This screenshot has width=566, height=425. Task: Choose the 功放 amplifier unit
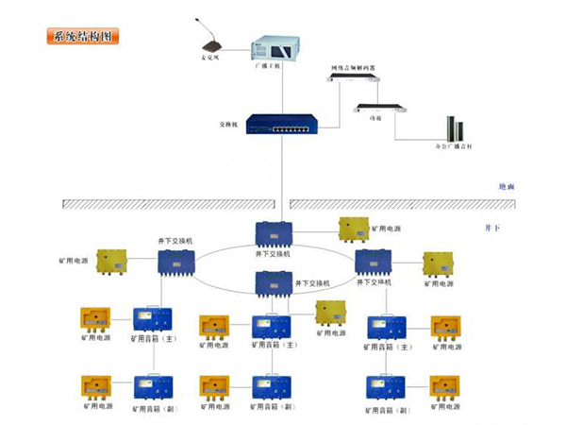pyautogui.click(x=377, y=108)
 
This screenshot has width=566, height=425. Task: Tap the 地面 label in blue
pyautogui.click(x=507, y=187)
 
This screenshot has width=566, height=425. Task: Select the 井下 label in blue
pyautogui.click(x=490, y=228)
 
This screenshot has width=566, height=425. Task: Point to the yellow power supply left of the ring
pyautogui.click(x=112, y=262)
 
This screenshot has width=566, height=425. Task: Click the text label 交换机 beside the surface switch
pyautogui.click(x=226, y=125)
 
